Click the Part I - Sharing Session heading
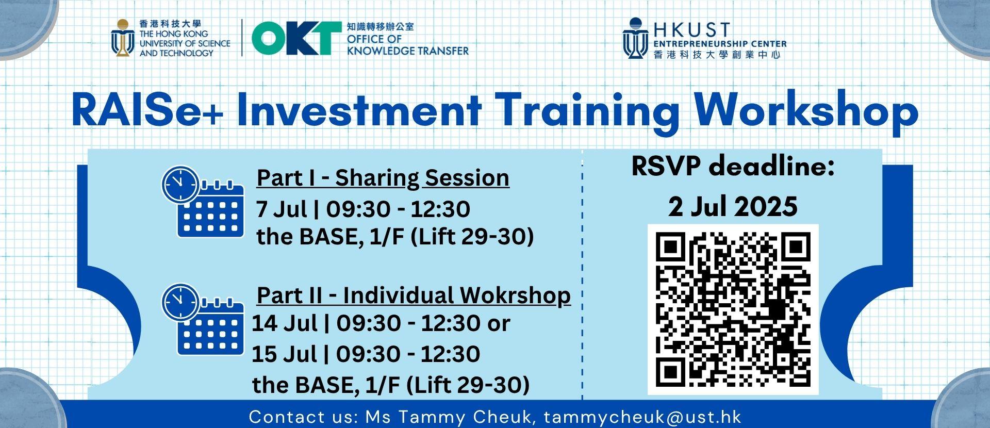[x=383, y=178]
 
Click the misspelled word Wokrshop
[x=515, y=295]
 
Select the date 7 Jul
[x=282, y=209]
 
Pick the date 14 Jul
[x=284, y=323]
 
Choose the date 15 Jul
[x=284, y=354]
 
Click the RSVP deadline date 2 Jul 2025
[x=733, y=207]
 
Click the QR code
[x=733, y=310]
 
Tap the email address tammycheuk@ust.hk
[x=642, y=417]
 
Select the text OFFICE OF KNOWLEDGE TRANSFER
[x=407, y=45]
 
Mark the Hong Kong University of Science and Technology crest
[x=123, y=38]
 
